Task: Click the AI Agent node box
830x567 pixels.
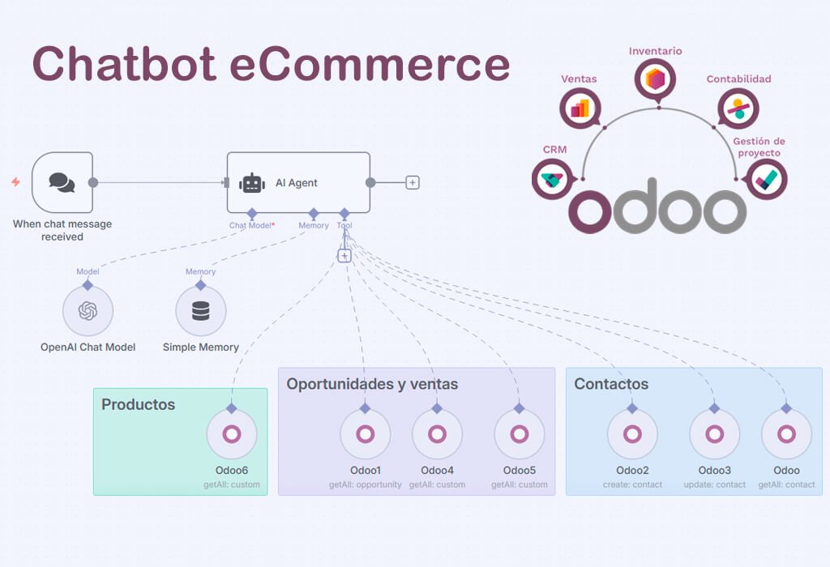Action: [x=297, y=183]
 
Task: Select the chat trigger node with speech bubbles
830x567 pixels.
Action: [x=62, y=182]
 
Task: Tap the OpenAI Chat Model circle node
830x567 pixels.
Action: [x=88, y=311]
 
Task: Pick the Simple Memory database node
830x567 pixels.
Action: [x=200, y=311]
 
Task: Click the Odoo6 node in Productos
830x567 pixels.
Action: [x=232, y=434]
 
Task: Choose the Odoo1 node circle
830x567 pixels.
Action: [x=365, y=434]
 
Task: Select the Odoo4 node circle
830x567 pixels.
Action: [x=437, y=434]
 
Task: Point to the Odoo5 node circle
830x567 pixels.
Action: [x=519, y=434]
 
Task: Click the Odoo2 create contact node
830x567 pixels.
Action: [x=632, y=434]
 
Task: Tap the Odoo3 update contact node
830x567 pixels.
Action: [x=714, y=434]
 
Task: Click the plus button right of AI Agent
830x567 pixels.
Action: [x=413, y=182]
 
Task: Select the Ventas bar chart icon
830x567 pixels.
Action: [x=580, y=108]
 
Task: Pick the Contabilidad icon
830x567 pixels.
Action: [x=738, y=108]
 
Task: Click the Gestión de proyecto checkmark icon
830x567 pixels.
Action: [x=765, y=178]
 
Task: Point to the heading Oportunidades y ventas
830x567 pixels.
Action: [x=372, y=384]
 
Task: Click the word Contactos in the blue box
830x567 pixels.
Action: [x=611, y=384]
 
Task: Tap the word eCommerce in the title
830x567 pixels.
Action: [x=370, y=64]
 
